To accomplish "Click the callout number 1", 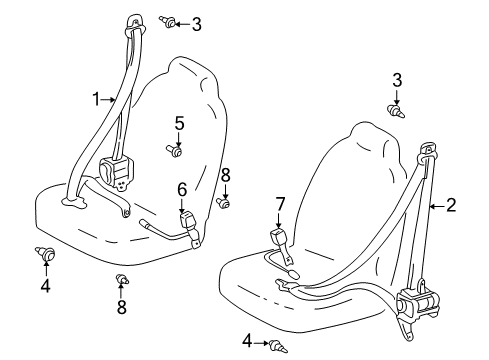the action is pos(96,99).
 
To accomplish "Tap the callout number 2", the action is pos(451,205).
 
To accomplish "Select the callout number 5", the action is pos(179,124).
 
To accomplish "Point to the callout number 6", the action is pos(182,190).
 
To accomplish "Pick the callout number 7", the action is pos(280,204).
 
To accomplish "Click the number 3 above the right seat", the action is pos(397,80).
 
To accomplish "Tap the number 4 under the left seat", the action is pos(46,286).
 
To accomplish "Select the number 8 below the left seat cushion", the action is pos(122,307).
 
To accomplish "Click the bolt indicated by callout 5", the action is pos(174,151).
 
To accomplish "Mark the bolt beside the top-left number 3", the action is pos(167,22).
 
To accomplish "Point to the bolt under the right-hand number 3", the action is pos(396,111).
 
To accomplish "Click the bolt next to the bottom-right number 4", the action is pos(278,346).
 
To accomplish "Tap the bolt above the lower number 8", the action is pos(122,279).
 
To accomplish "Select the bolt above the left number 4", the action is pos(45,253).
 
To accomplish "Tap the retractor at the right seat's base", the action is pos(417,301).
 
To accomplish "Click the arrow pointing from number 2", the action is pos(437,207).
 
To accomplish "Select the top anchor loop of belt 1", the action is pos(135,24).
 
